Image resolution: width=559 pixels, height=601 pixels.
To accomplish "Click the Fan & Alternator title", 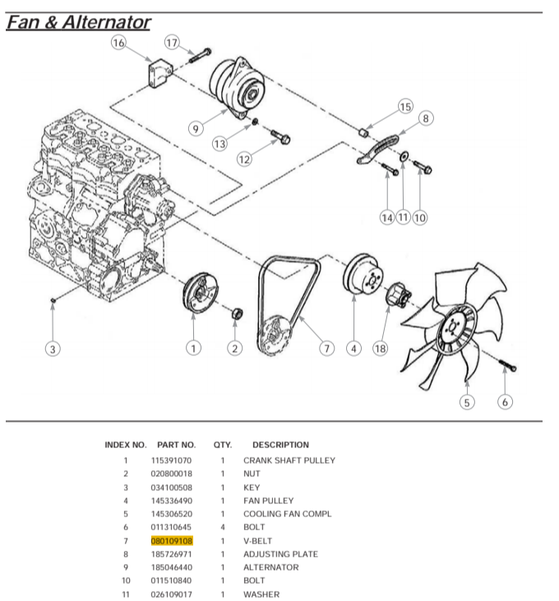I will pos(78,22).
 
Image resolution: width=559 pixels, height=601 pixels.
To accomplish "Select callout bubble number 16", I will pos(119,43).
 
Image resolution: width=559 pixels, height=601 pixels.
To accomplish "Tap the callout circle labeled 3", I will pos(53,349).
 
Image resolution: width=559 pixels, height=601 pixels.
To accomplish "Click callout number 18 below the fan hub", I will pos(380,349).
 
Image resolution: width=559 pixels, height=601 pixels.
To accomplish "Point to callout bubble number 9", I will pos(195,128).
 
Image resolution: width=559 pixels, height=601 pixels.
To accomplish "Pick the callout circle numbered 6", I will pos(506,402).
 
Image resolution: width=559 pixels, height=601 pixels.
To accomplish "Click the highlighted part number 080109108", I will pos(172,541).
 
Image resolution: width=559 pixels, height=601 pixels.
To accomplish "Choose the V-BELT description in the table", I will pos(257,541).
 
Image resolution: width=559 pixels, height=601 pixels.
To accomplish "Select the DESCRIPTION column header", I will pos(280,445).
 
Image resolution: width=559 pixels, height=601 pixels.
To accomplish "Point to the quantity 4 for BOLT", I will pos(222,527).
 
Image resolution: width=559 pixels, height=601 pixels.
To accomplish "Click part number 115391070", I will pos(172,460).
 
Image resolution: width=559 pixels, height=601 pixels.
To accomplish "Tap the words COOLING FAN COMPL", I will pos(288,514).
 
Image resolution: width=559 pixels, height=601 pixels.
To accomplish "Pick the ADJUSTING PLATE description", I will pos(280,554).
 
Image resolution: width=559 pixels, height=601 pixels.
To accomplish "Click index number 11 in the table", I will pos(126,594).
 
